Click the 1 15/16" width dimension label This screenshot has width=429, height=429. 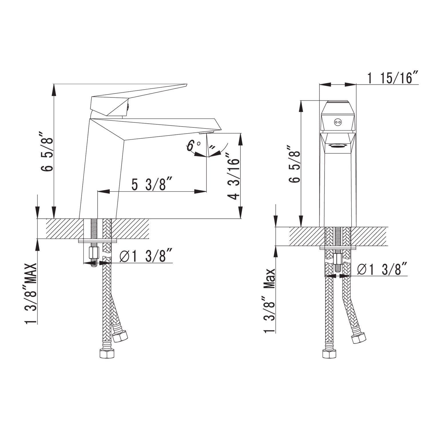(393, 78)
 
